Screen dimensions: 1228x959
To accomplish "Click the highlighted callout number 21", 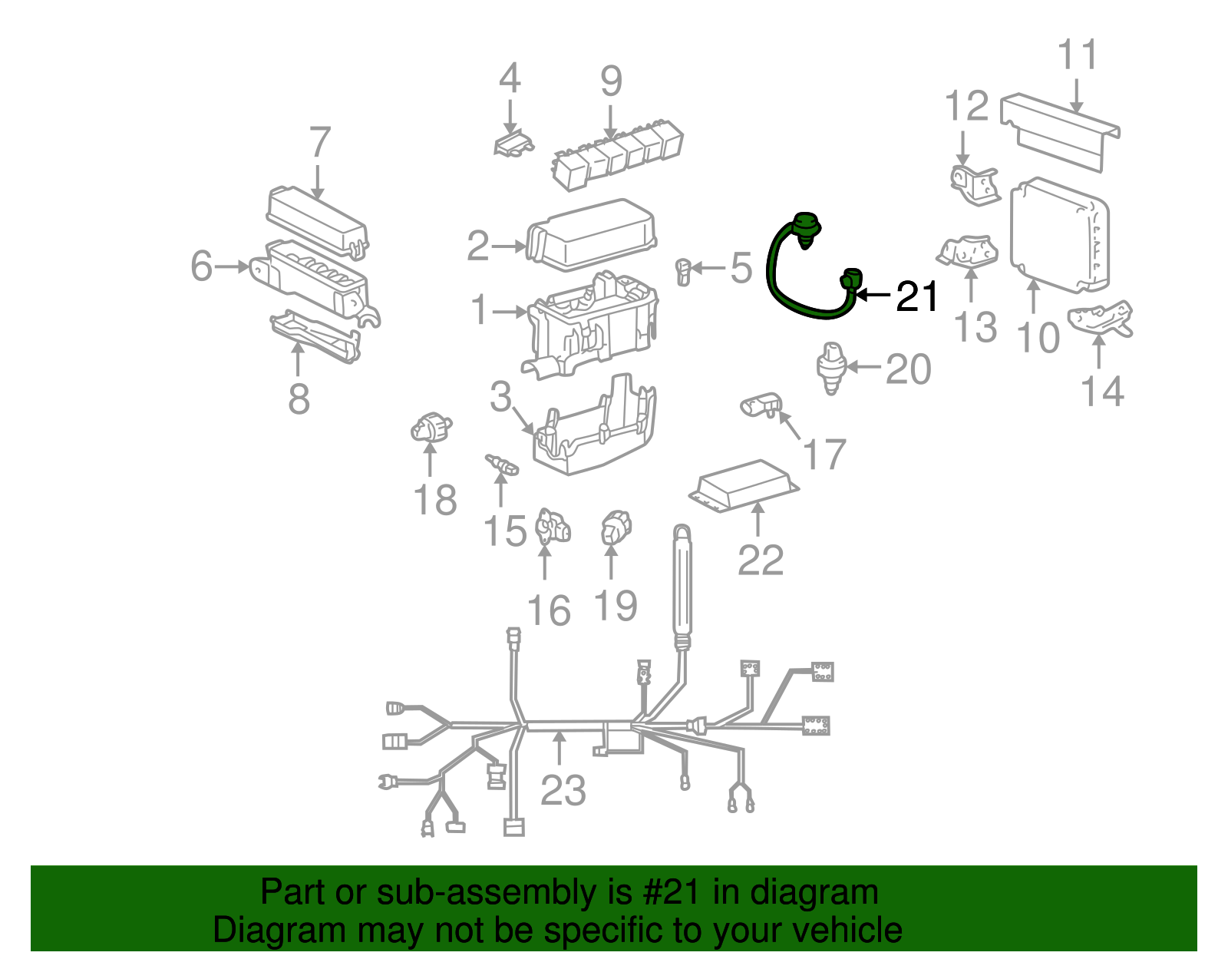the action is pyautogui.click(x=916, y=296).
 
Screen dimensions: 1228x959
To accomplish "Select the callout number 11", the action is pyautogui.click(x=1077, y=55).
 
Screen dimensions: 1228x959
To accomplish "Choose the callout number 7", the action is pyautogui.click(x=319, y=142).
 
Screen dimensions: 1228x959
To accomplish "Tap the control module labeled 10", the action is pyautogui.click(x=1060, y=236).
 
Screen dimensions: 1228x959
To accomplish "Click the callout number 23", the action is pyautogui.click(x=563, y=790).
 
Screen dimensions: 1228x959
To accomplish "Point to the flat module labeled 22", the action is pyautogui.click(x=744, y=485).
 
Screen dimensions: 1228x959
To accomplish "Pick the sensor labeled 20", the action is pyautogui.click(x=830, y=368).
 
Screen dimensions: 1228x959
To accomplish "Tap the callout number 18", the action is pyautogui.click(x=435, y=500).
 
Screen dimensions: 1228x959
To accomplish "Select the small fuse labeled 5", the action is pyautogui.click(x=683, y=272).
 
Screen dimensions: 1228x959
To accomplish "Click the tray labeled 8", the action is pyautogui.click(x=315, y=336).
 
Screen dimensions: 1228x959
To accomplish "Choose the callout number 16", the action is pyautogui.click(x=549, y=611).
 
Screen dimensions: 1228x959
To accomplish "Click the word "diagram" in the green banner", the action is pyautogui.click(x=814, y=892).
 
